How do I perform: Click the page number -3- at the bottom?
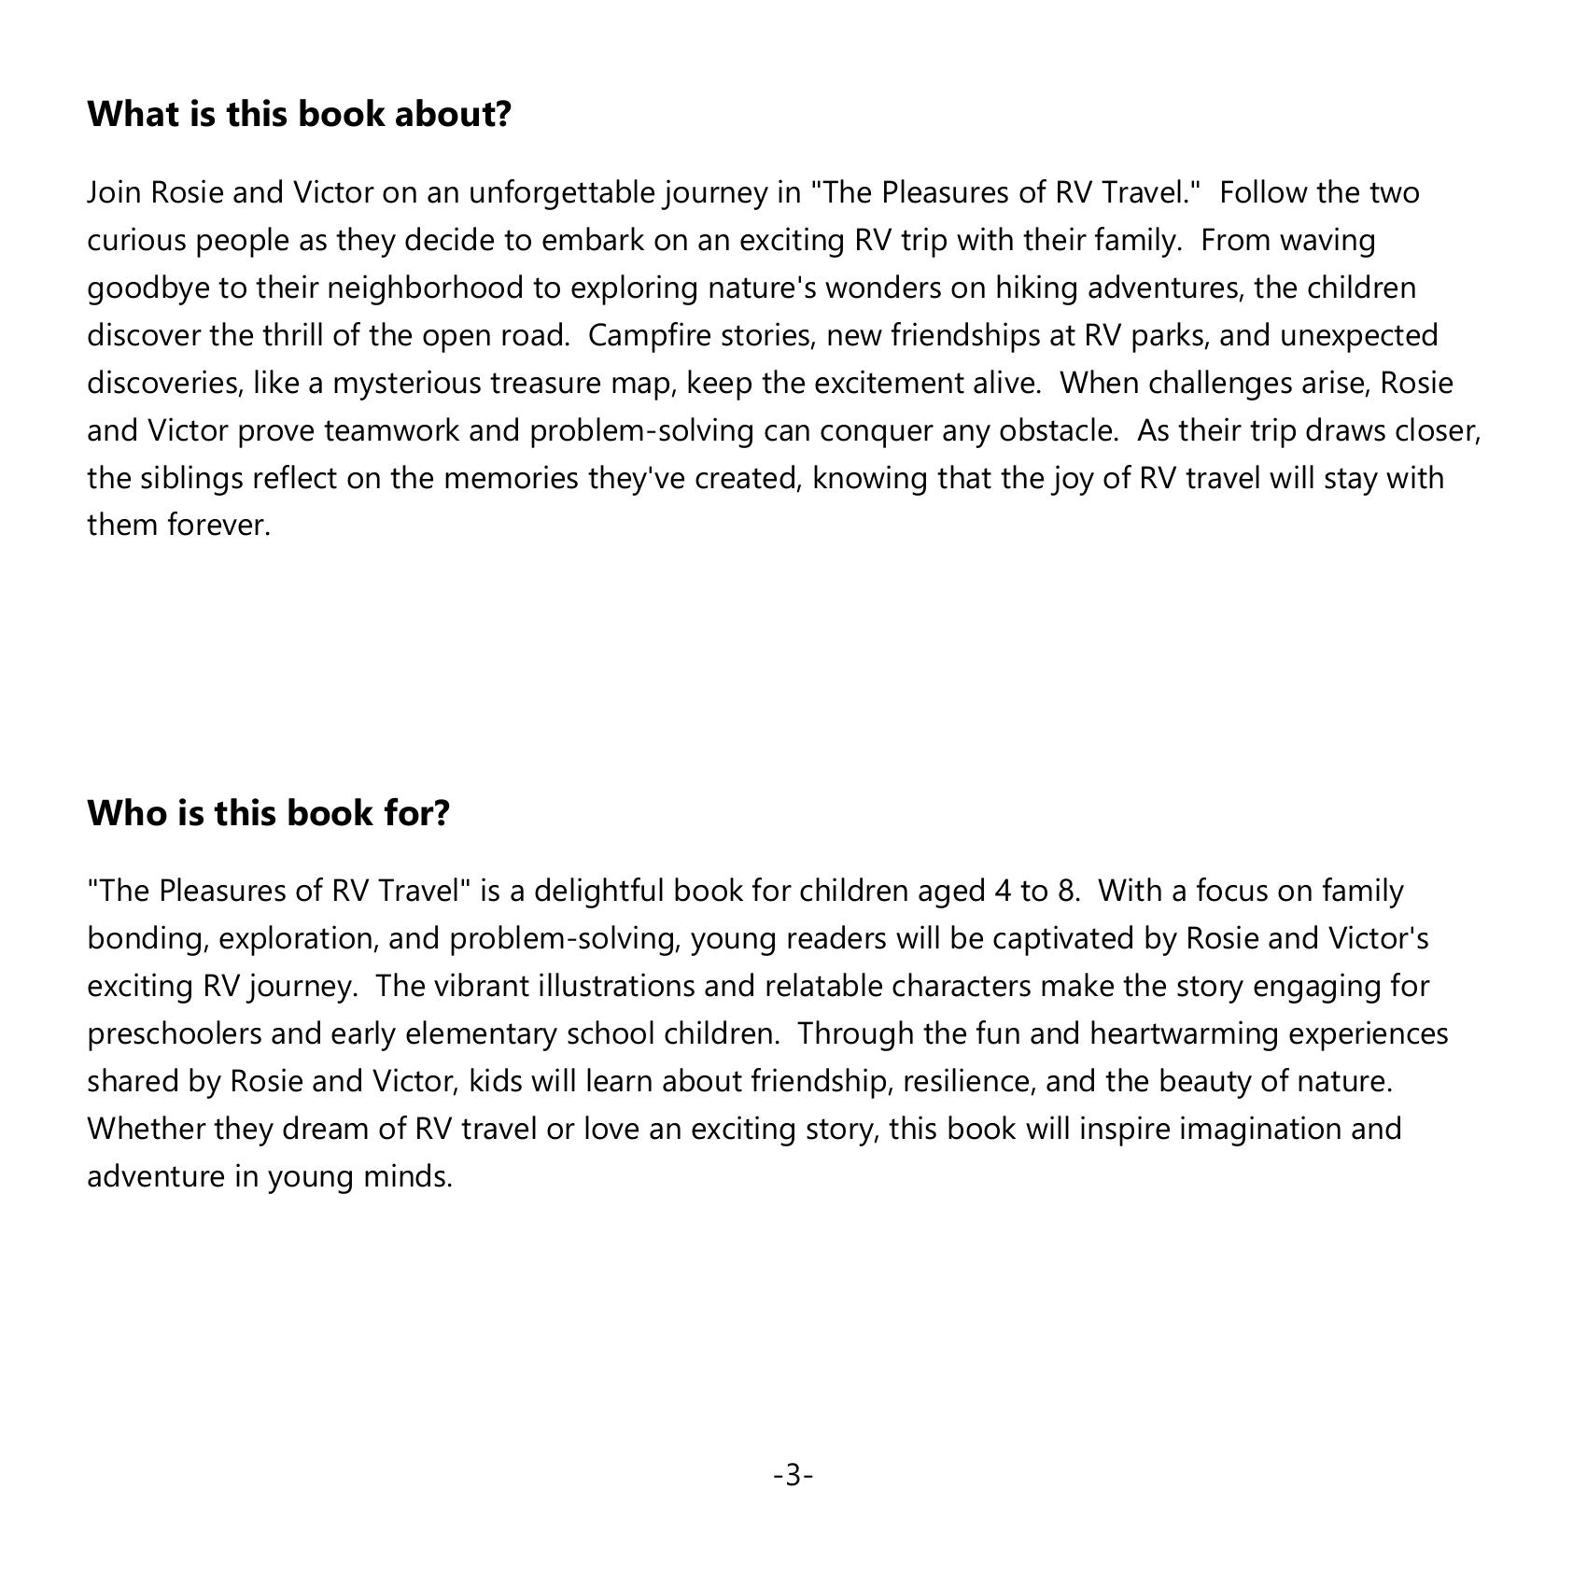793,1476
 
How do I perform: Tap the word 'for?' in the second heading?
416,812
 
